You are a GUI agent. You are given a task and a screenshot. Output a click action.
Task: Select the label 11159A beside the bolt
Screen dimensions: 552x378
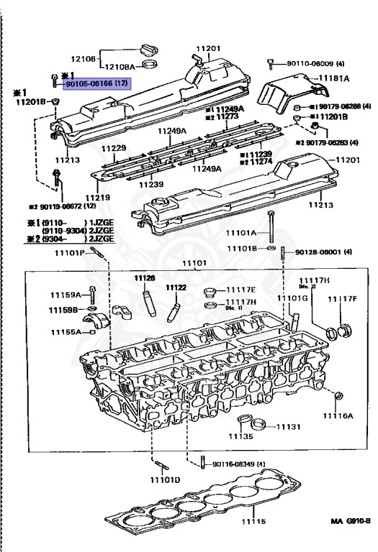coord(65,295)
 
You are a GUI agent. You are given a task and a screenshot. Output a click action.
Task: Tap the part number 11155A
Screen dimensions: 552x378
coord(66,333)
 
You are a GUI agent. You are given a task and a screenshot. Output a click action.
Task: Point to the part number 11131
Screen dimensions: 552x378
coord(289,426)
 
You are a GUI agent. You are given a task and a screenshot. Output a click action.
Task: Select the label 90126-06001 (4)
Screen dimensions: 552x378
coord(320,252)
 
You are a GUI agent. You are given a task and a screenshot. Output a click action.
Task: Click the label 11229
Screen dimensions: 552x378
coord(114,148)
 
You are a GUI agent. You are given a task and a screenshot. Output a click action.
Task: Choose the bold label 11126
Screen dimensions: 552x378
coord(144,278)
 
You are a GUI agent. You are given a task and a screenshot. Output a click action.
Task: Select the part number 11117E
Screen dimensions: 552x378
coord(241,289)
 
